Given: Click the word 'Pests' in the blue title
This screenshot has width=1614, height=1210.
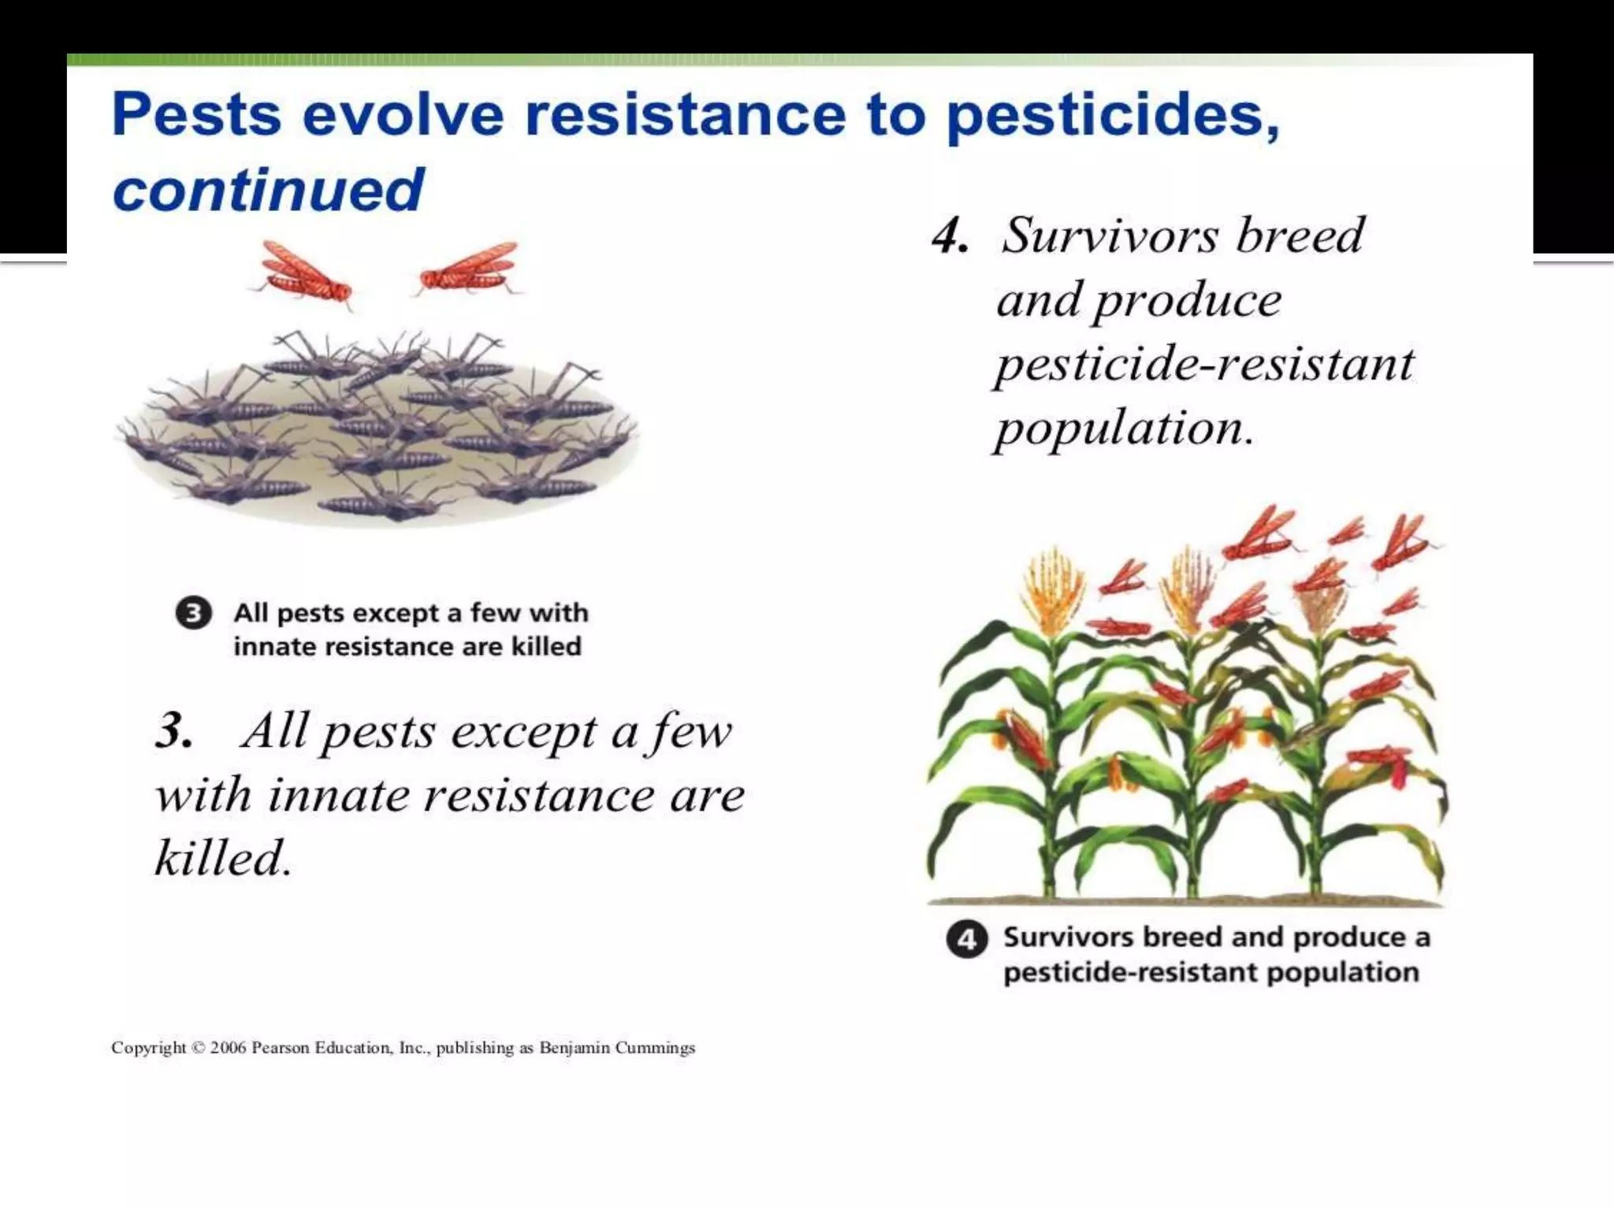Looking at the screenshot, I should [x=197, y=115].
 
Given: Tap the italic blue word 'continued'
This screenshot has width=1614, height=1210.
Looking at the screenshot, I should [x=268, y=190].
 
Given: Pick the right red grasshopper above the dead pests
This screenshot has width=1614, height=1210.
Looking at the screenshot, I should [x=469, y=268].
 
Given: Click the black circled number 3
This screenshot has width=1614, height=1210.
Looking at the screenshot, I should [x=193, y=613].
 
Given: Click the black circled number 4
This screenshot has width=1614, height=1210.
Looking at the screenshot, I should [x=966, y=939].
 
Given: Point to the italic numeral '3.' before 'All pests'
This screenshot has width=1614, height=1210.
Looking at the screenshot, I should [x=174, y=729].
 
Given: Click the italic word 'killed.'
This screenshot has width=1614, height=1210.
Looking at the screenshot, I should [x=223, y=857].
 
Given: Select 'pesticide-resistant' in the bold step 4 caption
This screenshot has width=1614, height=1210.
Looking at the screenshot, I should [x=1131, y=972].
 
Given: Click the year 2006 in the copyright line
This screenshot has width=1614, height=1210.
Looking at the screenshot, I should [x=228, y=1048].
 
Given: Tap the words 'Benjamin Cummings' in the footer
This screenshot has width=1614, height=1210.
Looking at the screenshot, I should [x=617, y=1048].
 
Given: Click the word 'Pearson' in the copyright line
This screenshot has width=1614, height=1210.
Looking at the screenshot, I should [x=281, y=1048].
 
